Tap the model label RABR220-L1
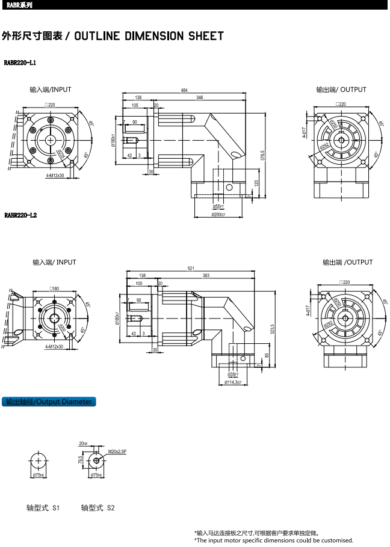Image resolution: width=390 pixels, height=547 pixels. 20,63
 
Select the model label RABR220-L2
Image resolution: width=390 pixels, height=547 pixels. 20,215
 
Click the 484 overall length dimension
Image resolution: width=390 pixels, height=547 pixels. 184,90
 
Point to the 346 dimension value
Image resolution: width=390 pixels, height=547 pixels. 199,97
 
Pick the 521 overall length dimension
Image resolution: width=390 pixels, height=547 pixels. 191,269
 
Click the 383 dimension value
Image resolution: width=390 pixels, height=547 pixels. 206,275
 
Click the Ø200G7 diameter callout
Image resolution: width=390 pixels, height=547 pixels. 218,215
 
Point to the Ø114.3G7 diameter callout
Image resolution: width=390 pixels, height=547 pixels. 233,382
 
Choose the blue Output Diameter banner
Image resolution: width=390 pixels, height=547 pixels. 49,402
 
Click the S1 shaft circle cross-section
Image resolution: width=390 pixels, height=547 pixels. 39,461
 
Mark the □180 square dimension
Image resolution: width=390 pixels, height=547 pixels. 54,289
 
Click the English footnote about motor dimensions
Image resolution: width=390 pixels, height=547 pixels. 273,540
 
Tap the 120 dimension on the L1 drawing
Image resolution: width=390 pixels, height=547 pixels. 256,183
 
